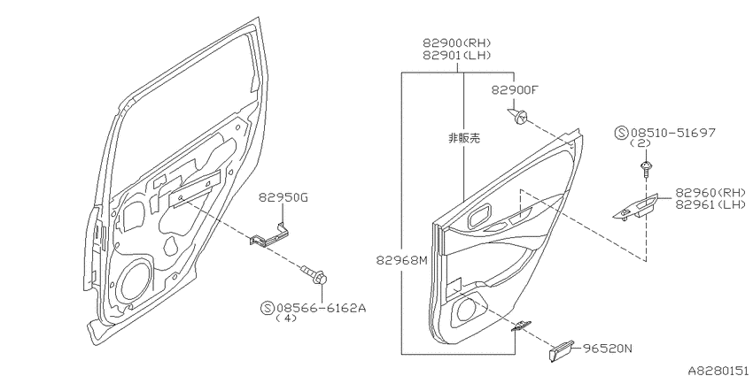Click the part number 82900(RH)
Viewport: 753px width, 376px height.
pyautogui.click(x=457, y=43)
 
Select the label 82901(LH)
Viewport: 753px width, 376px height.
pyautogui.click(x=457, y=56)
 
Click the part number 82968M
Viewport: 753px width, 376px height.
pyautogui.click(x=401, y=260)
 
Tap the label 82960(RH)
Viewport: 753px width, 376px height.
pyautogui.click(x=710, y=193)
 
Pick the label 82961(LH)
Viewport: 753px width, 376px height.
pyautogui.click(x=710, y=204)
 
